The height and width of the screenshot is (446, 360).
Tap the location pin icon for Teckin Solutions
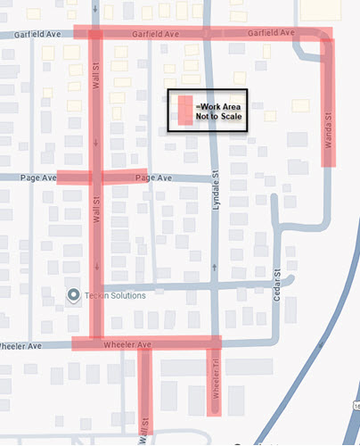73,294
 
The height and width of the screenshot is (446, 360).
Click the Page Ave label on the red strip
153,178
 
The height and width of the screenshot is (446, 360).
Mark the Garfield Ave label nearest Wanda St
272,33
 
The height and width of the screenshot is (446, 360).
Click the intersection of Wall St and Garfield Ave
94,34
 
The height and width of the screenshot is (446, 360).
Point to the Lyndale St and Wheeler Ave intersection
214,342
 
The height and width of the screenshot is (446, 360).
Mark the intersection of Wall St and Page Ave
94,178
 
